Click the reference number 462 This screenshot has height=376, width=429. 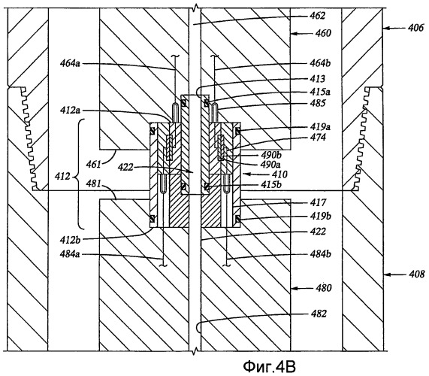(x=317, y=16)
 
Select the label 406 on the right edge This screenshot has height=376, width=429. (x=415, y=28)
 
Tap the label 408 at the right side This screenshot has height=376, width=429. (x=417, y=274)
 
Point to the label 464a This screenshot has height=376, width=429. (x=71, y=63)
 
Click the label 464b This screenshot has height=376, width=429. (x=320, y=63)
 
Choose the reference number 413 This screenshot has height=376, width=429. (x=317, y=79)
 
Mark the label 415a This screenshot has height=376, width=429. (x=320, y=91)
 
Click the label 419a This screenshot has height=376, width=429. (x=320, y=127)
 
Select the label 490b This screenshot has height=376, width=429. (x=271, y=155)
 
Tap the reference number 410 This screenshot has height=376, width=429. (x=279, y=174)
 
